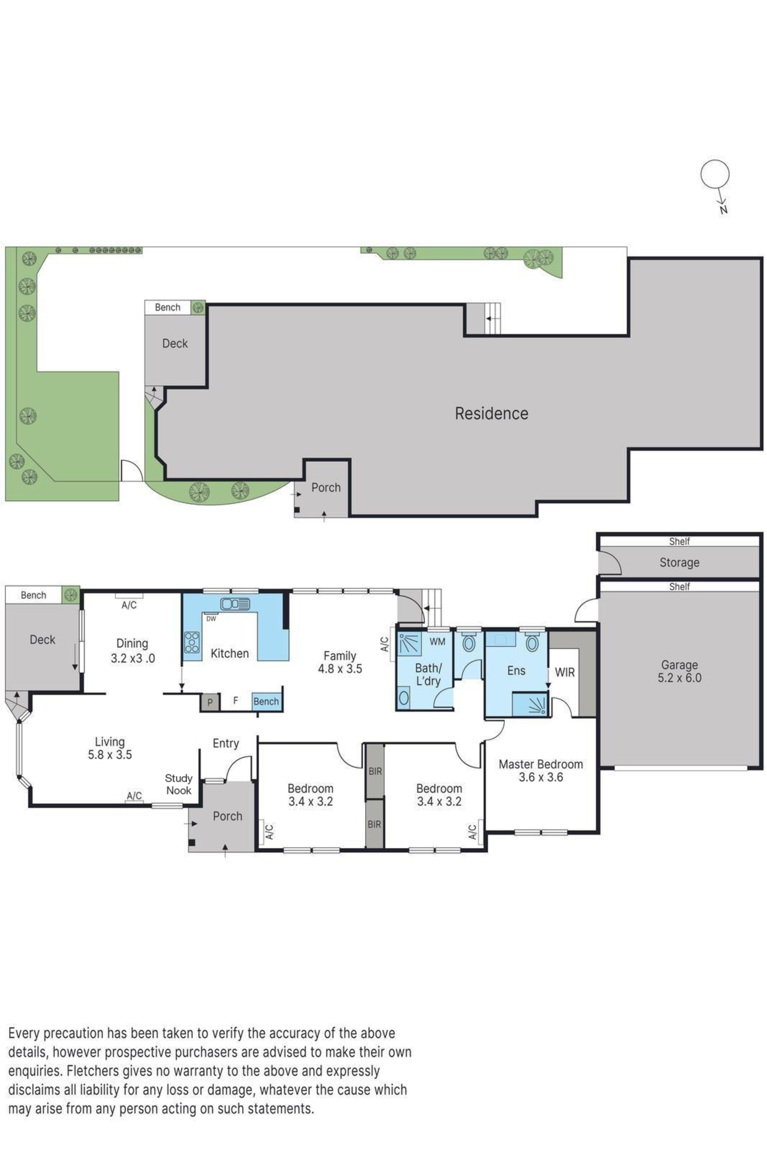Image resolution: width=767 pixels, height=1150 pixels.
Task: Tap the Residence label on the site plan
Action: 491,413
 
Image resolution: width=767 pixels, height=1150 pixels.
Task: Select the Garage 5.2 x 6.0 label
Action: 680,672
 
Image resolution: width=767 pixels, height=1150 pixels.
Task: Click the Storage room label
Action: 679,562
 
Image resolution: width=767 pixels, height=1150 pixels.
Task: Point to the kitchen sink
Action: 235,604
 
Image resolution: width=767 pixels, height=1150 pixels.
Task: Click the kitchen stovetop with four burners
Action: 192,642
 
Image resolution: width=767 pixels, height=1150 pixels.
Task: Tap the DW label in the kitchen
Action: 211,619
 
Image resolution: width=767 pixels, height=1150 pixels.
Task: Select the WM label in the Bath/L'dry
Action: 437,642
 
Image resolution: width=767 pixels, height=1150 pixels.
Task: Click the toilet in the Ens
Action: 532,642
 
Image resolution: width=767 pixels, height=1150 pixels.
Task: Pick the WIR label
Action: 565,672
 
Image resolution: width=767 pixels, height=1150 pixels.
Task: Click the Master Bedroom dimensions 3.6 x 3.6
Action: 540,777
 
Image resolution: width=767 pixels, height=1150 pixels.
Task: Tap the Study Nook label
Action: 178,784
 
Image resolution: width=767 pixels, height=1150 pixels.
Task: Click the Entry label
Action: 225,743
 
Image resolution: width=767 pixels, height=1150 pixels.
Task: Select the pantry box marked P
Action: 210,702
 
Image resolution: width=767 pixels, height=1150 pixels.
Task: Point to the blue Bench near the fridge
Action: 266,701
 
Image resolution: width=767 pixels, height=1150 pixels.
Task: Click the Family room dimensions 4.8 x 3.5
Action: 340,669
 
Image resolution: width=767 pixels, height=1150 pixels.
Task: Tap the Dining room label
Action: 132,643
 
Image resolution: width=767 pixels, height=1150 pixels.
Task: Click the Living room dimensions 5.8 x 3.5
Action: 110,755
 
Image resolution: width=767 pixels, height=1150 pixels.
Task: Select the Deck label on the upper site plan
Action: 175,343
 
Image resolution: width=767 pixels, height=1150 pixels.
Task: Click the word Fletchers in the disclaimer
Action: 93,1071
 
